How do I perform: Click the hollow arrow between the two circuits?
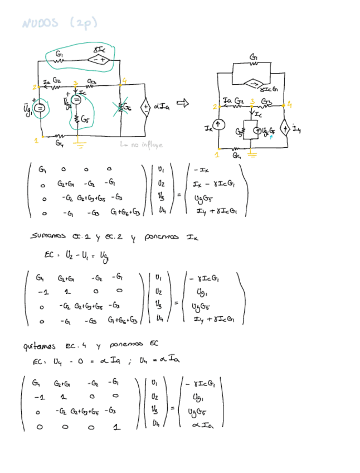tap(183, 103)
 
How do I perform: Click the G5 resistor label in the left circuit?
tap(84, 119)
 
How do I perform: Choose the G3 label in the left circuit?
tap(93, 81)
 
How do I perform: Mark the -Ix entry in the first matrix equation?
tap(200, 170)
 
